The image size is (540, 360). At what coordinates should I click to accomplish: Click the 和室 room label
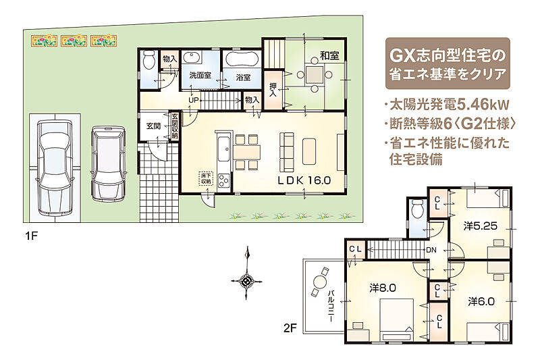point(329,55)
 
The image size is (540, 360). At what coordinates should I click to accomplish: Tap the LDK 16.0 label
point(304,180)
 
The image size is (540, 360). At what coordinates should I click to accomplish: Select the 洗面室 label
point(200,76)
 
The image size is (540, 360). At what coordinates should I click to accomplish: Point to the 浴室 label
point(243,77)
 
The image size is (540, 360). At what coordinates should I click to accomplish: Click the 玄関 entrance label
point(154,126)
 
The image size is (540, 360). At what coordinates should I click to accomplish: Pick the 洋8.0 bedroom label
point(383,288)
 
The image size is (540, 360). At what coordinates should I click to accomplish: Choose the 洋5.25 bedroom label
point(480,226)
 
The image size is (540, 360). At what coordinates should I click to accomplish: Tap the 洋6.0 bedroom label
point(481,302)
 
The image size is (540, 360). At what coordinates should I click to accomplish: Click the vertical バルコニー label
point(331,306)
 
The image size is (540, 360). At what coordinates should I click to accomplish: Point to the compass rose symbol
point(246,281)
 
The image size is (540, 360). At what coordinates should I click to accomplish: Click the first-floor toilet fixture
point(148,61)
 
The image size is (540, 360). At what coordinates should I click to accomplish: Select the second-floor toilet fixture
point(417,209)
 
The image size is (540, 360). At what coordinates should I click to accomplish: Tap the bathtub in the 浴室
point(243,59)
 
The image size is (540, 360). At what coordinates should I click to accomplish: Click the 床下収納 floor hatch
point(207,178)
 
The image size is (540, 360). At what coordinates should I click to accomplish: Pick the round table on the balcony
point(319,282)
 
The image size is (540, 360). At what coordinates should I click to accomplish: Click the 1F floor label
point(31,236)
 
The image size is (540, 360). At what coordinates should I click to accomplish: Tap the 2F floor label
point(290,328)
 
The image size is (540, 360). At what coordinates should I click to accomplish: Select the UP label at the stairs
point(194,100)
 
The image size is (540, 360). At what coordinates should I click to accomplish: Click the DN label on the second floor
point(431,250)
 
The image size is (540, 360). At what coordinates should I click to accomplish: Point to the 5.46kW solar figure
point(483,105)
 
